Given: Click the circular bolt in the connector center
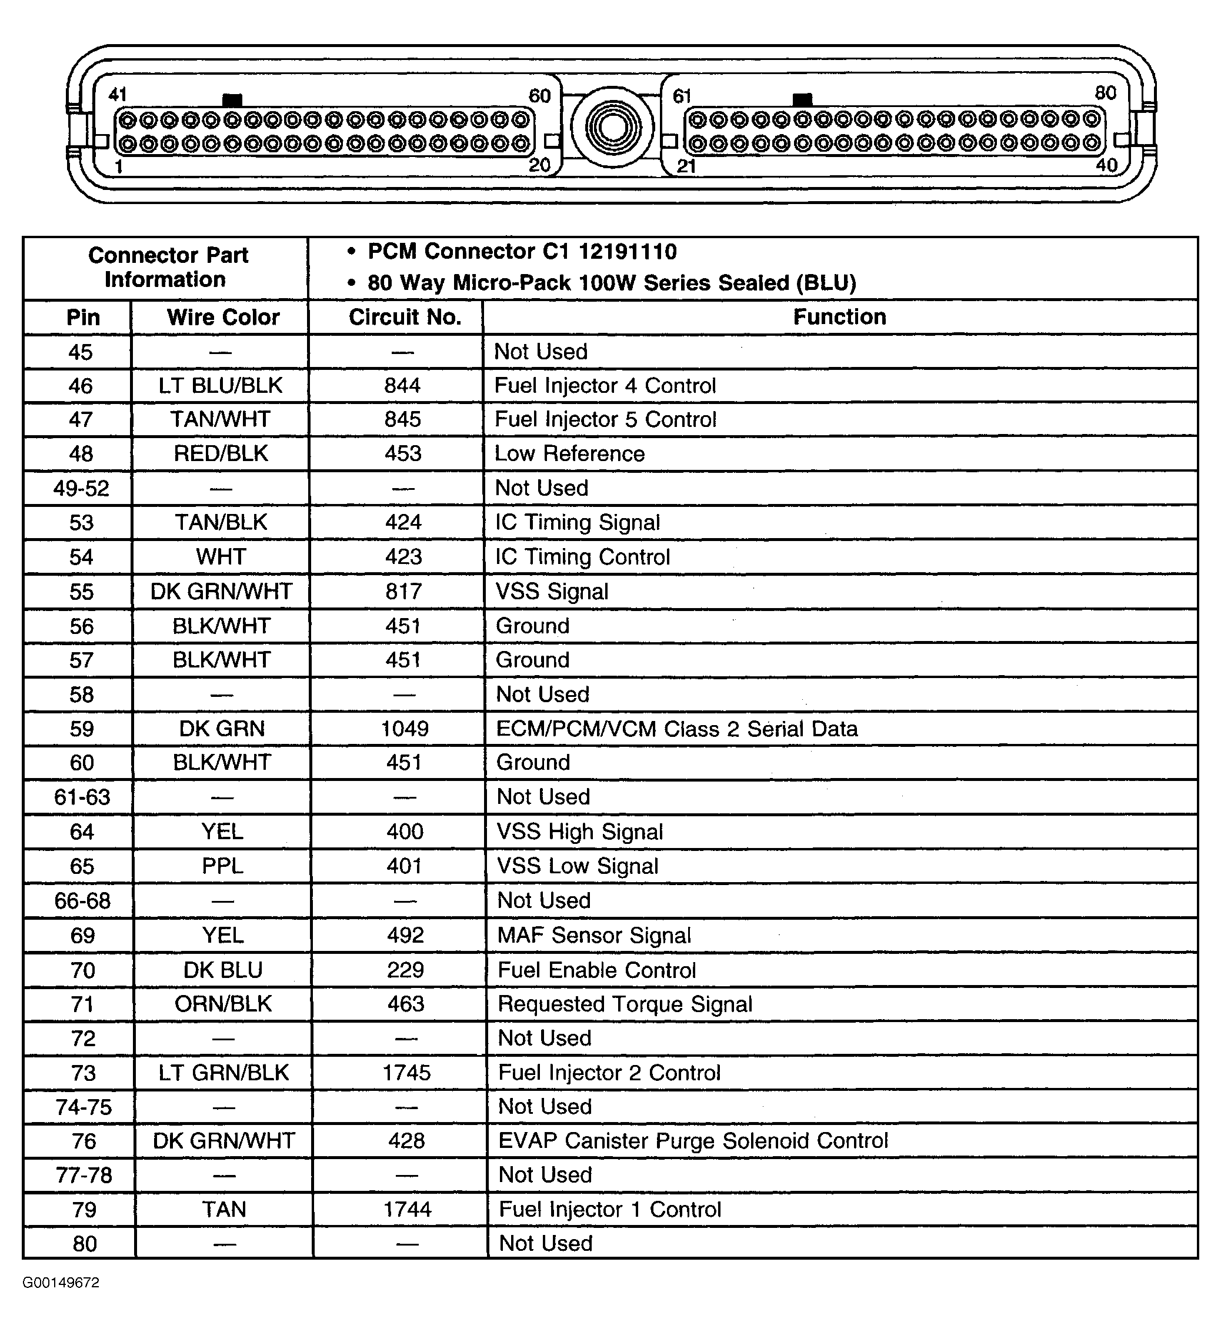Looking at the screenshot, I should point(612,126).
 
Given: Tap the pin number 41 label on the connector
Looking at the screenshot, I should point(117,95).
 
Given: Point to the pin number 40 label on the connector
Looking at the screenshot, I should point(1106,165).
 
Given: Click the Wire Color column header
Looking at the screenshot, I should point(223,317).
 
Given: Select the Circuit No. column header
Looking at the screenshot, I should point(405,317).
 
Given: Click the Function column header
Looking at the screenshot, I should point(839,317).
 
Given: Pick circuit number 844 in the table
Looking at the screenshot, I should point(402,386).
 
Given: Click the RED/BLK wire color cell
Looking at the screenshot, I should point(221,454).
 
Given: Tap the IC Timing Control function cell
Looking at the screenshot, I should point(583,557).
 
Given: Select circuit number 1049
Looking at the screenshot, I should point(405,729).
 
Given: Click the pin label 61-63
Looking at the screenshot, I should point(82,797).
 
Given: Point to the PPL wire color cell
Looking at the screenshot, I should point(223,866).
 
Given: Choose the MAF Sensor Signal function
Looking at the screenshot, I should point(594,936).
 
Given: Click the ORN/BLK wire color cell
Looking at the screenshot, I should point(223,1004).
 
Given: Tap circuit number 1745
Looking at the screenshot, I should point(406,1073).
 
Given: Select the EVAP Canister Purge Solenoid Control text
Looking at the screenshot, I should point(693,1141).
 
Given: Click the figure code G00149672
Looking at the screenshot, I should point(61,1283).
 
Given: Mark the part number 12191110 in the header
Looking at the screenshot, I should point(628,252).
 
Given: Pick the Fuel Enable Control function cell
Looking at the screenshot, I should point(596,970).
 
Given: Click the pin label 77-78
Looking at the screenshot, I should point(84,1176).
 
